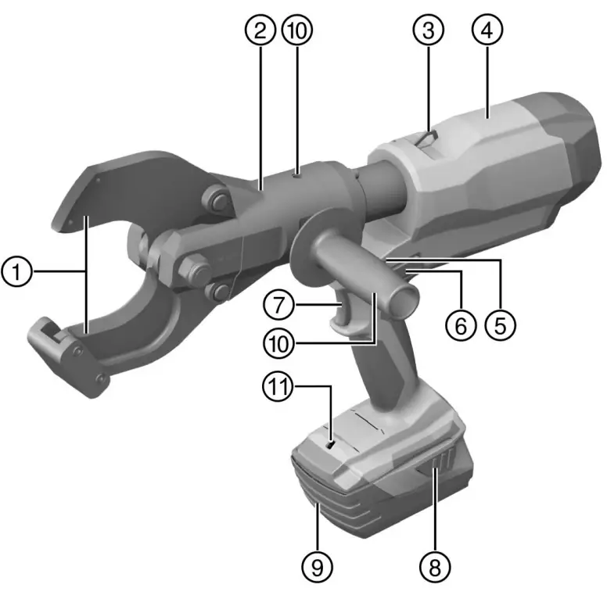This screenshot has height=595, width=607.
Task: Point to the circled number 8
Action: point(435,563)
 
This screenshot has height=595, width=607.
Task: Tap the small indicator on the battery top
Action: point(332,445)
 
